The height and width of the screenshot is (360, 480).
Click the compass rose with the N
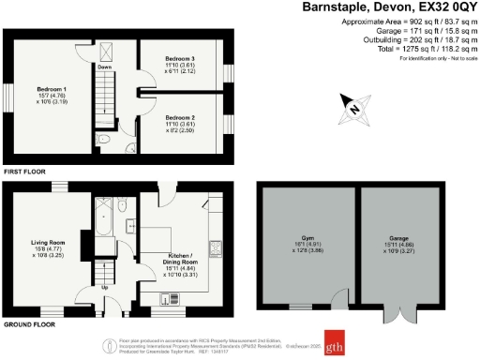coord(354,108)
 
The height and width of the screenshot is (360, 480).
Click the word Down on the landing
coord(104,67)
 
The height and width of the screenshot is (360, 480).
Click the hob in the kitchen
coord(215,249)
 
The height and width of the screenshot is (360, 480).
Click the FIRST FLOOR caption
coord(24,172)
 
